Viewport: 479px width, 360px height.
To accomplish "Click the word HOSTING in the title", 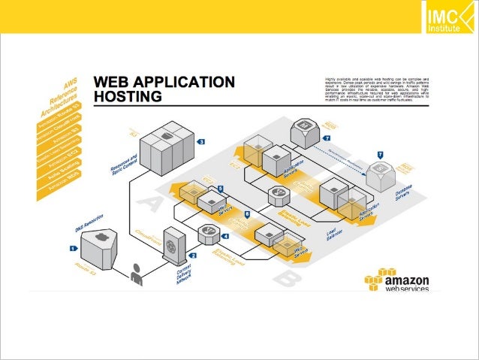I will pos(128,97).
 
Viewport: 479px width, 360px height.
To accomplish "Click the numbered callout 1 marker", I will pos(73,247).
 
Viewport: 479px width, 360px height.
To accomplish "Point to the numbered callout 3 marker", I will pos(200,141).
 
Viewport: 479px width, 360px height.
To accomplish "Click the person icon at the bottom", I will pos(137,275).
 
